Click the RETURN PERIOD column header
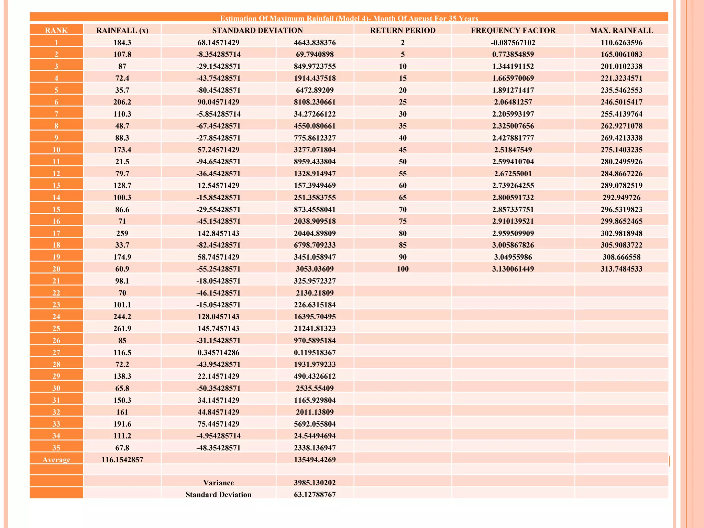pyautogui.click(x=403, y=30)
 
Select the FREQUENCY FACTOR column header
pyautogui.click(x=513, y=30)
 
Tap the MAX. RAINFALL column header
pyautogui.click(x=621, y=30)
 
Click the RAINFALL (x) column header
pyautogui.click(x=122, y=30)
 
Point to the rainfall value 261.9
pyautogui.click(x=122, y=328)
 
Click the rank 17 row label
pyautogui.click(x=56, y=233)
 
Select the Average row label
pyautogui.click(x=56, y=460)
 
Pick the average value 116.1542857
pyautogui.click(x=122, y=460)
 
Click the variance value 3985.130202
pyautogui.click(x=315, y=483)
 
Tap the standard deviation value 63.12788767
pyautogui.click(x=315, y=494)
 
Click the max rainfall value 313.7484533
pyautogui.click(x=621, y=269)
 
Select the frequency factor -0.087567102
pyautogui.click(x=513, y=43)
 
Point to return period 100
pyautogui.click(x=403, y=269)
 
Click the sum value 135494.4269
pyautogui.click(x=315, y=460)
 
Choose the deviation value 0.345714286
pyautogui.click(x=218, y=352)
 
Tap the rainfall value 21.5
pyautogui.click(x=122, y=162)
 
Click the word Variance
pyautogui.click(x=218, y=483)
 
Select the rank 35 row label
pyautogui.click(x=56, y=448)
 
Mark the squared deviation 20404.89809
pyautogui.click(x=315, y=233)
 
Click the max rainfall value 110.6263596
pyautogui.click(x=621, y=43)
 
